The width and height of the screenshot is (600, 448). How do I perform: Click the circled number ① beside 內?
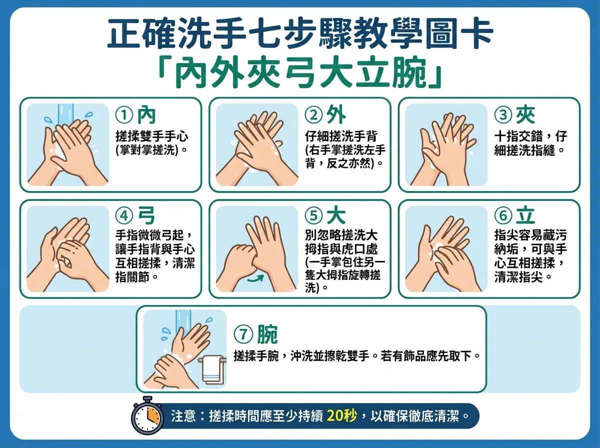pos(123,115)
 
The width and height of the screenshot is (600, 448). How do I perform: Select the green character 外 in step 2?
pos(335,115)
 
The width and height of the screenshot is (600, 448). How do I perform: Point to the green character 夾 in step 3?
pos(525,115)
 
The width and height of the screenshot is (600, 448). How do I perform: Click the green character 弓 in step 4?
pos(146,215)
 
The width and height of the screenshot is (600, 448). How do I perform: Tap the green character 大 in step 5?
pos(335,215)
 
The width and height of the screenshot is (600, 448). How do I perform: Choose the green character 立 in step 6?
pos(525,215)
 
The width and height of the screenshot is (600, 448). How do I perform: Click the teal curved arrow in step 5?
pos(255,277)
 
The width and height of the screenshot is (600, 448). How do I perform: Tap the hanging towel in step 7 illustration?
pos(212,370)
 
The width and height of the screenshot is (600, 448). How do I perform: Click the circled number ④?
pos(123,216)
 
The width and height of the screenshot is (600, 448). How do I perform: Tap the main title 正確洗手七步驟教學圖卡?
pos(300,34)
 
